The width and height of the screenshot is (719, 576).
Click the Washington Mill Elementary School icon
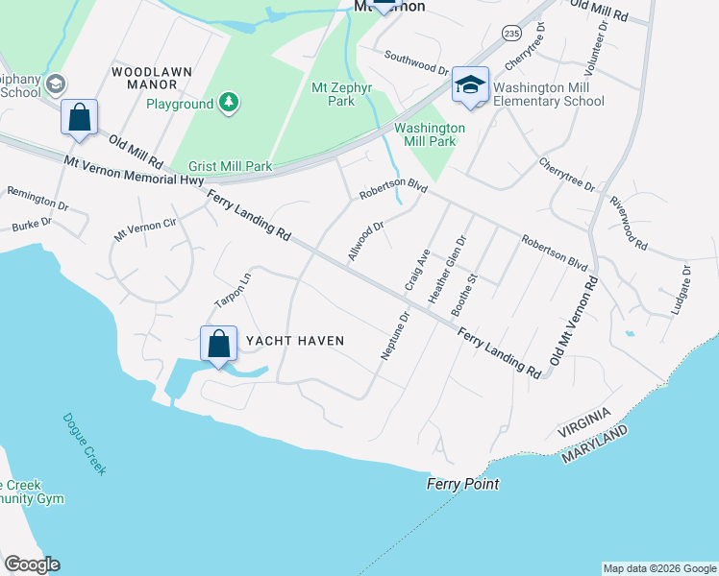[x=470, y=85]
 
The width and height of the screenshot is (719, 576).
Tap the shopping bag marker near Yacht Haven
[x=219, y=344]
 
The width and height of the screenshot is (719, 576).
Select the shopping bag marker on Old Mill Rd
[x=79, y=117]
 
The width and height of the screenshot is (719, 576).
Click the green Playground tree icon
[x=228, y=103]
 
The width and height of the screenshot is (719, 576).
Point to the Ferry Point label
[x=463, y=485]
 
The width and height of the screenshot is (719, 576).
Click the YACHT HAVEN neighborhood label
[x=295, y=341]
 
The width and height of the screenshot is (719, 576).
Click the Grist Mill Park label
[x=230, y=166]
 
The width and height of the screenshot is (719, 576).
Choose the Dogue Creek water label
[x=85, y=444]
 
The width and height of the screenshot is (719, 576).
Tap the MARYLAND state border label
[x=596, y=444]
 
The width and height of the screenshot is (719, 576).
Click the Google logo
[x=32, y=564]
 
